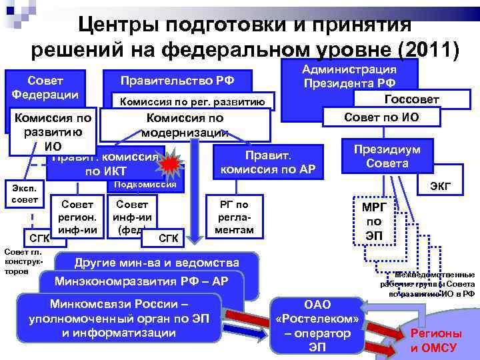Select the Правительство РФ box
[177, 81]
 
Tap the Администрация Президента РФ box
[349, 76]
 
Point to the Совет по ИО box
[382, 117]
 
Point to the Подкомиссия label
[145, 184]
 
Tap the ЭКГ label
[438, 187]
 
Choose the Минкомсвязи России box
[119, 317]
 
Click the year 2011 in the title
[425, 50]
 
